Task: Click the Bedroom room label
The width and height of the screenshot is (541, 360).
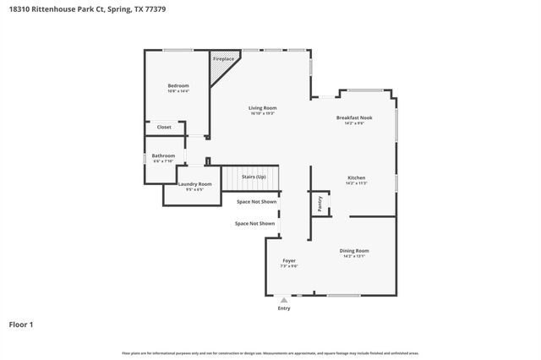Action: pyautogui.click(x=178, y=85)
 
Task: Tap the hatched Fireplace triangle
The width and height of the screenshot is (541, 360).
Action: pyautogui.click(x=221, y=68)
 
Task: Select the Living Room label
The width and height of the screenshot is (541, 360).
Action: pyautogui.click(x=262, y=108)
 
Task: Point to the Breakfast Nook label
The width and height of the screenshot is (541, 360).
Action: pyautogui.click(x=353, y=117)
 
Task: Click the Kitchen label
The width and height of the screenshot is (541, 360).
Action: pyautogui.click(x=355, y=177)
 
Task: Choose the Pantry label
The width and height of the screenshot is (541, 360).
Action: pyautogui.click(x=320, y=203)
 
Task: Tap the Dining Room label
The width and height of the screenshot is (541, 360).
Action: pyautogui.click(x=354, y=251)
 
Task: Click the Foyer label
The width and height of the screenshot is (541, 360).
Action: pyautogui.click(x=289, y=261)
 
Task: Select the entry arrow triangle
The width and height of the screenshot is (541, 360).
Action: pyautogui.click(x=284, y=299)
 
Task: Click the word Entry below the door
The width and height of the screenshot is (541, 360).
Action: pyautogui.click(x=284, y=308)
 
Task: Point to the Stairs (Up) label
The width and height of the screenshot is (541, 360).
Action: pyautogui.click(x=254, y=177)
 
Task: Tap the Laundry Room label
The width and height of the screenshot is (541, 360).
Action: pyautogui.click(x=194, y=183)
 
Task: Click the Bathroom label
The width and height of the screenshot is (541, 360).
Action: pyautogui.click(x=163, y=155)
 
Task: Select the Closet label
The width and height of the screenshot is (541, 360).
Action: pyautogui.click(x=164, y=128)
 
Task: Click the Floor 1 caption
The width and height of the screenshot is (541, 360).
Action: pyautogui.click(x=21, y=325)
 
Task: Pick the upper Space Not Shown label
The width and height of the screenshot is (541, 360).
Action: pyautogui.click(x=256, y=202)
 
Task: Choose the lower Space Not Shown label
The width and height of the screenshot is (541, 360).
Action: pyautogui.click(x=254, y=223)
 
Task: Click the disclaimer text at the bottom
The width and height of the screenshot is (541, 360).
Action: pyautogui.click(x=270, y=352)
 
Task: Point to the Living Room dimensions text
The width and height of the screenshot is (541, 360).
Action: pyautogui.click(x=262, y=114)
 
